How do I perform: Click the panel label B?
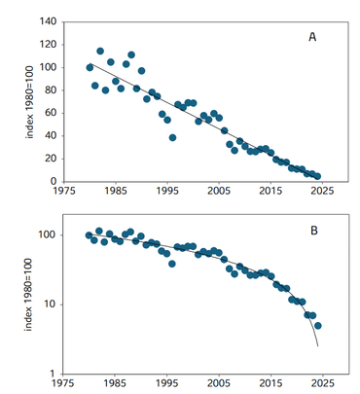click(312, 231)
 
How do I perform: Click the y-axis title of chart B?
click(26, 302)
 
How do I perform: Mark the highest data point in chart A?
click(100, 51)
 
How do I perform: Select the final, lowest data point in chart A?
click(317, 176)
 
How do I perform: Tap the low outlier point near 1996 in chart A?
click(172, 137)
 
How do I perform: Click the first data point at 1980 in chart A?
click(90, 67)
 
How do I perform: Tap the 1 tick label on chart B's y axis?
click(54, 374)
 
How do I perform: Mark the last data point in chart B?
click(317, 325)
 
